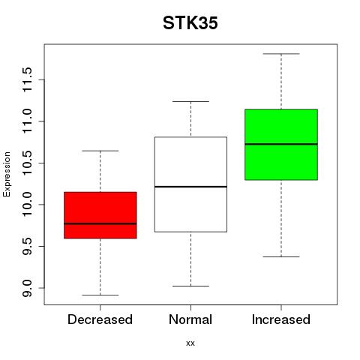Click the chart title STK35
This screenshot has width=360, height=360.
click(190, 23)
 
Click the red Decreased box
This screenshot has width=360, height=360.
click(100, 215)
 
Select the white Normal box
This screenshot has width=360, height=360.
click(190, 184)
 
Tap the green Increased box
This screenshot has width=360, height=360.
click(281, 145)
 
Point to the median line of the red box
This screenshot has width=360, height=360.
click(100, 223)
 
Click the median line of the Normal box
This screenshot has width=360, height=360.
click(190, 187)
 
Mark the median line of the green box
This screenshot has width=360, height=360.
click(281, 144)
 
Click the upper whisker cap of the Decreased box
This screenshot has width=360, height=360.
click(100, 151)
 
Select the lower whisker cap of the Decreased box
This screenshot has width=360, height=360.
click(100, 295)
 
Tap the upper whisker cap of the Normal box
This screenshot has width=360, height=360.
click(190, 101)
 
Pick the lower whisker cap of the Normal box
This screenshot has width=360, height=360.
click(190, 286)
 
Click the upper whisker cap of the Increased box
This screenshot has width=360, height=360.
click(281, 54)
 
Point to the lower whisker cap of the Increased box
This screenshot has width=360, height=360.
click(281, 256)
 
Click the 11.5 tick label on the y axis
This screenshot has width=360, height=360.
click(27, 79)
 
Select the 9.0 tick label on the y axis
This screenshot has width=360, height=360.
click(27, 288)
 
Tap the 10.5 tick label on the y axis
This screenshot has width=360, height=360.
click(27, 163)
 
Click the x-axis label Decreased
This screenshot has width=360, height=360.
click(100, 319)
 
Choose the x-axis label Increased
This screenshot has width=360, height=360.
click(281, 319)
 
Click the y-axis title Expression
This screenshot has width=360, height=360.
click(7, 174)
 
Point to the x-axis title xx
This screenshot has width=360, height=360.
click(190, 343)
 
